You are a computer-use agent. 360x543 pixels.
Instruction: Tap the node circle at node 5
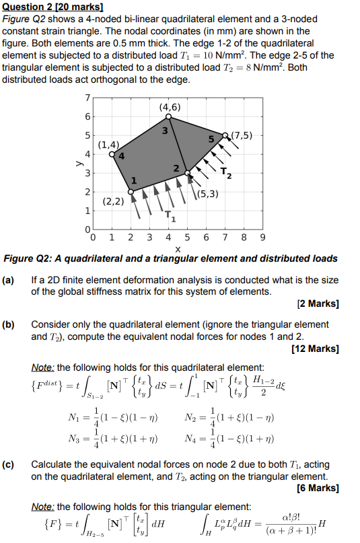(225, 135)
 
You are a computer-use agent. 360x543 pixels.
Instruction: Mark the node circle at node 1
(131, 192)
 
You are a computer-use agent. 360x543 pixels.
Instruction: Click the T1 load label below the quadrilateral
(171, 217)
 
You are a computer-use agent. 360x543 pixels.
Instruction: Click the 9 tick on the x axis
(262, 238)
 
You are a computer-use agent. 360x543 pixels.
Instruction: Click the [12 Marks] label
(316, 349)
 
